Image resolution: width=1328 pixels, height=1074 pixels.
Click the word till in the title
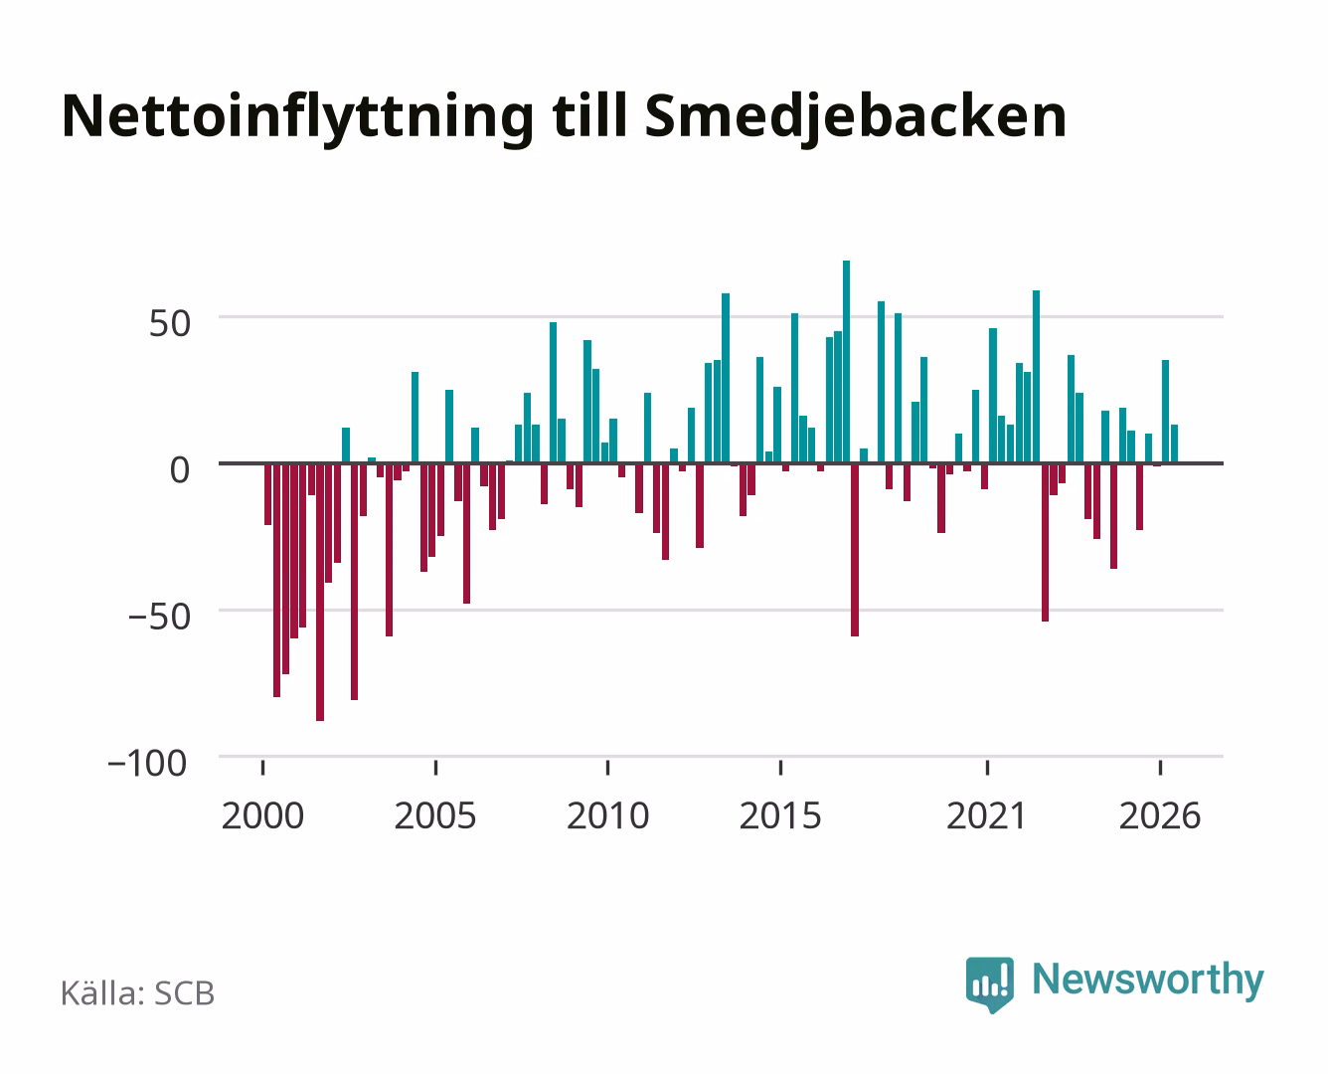589,115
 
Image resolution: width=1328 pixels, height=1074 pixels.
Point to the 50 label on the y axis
170,324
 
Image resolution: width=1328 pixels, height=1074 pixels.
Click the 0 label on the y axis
180,470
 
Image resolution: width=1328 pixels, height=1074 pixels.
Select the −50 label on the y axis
159,618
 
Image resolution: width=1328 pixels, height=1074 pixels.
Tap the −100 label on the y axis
147,764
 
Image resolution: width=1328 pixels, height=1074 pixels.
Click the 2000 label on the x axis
262,815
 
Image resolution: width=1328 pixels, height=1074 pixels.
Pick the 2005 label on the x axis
435,815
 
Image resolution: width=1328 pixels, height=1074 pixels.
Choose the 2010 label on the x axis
608,815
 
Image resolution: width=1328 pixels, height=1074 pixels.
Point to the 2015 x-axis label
780,815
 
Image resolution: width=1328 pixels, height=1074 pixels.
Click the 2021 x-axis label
987,815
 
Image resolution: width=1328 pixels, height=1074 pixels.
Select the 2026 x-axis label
1160,815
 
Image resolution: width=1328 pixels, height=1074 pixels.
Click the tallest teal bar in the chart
846,362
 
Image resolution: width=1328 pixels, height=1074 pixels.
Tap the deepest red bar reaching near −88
320,592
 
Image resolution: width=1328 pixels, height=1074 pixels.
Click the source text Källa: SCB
137,993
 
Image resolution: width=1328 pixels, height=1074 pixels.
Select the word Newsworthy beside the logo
1148,981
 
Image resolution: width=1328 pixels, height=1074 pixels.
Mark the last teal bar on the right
1174,445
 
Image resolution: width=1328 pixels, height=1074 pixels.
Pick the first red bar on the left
268,494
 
